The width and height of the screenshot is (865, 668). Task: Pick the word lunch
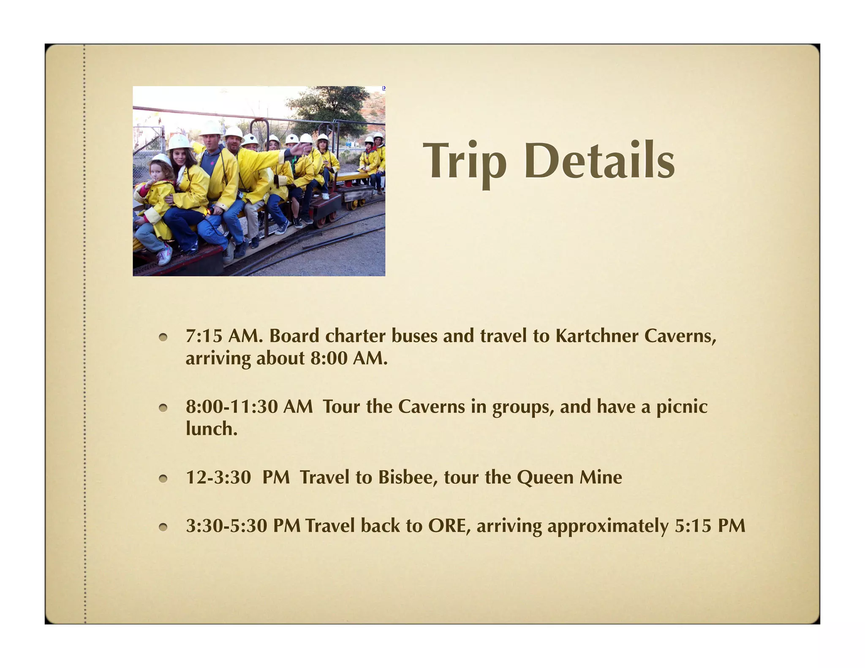(x=211, y=429)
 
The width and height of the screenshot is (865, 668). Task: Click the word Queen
(x=545, y=478)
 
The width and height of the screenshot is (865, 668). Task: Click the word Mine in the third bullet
(x=600, y=478)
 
